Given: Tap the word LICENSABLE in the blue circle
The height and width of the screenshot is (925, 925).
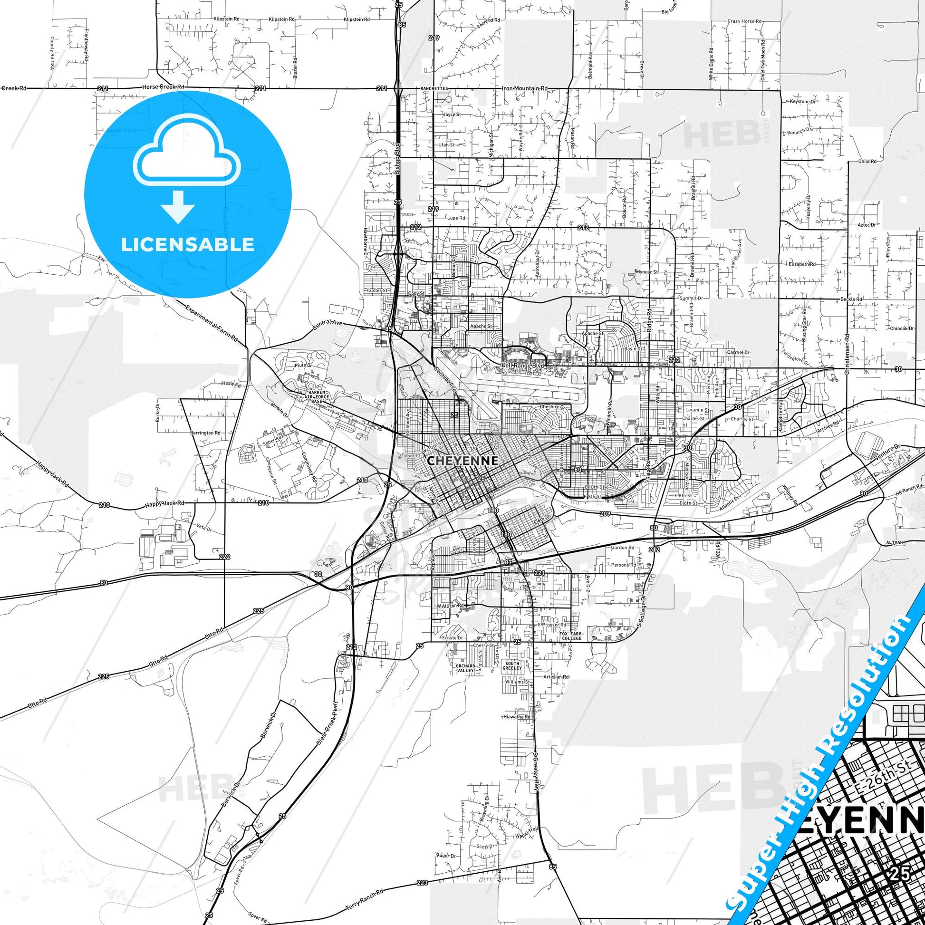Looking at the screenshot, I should coord(187,244).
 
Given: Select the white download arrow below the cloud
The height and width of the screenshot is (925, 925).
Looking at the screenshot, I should coord(178,206).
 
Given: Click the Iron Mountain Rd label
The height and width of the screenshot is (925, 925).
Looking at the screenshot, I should coord(524,88).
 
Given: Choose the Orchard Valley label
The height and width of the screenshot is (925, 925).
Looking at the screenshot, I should coord(465,668).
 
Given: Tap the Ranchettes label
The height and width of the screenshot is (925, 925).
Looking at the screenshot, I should coord(434,89).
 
